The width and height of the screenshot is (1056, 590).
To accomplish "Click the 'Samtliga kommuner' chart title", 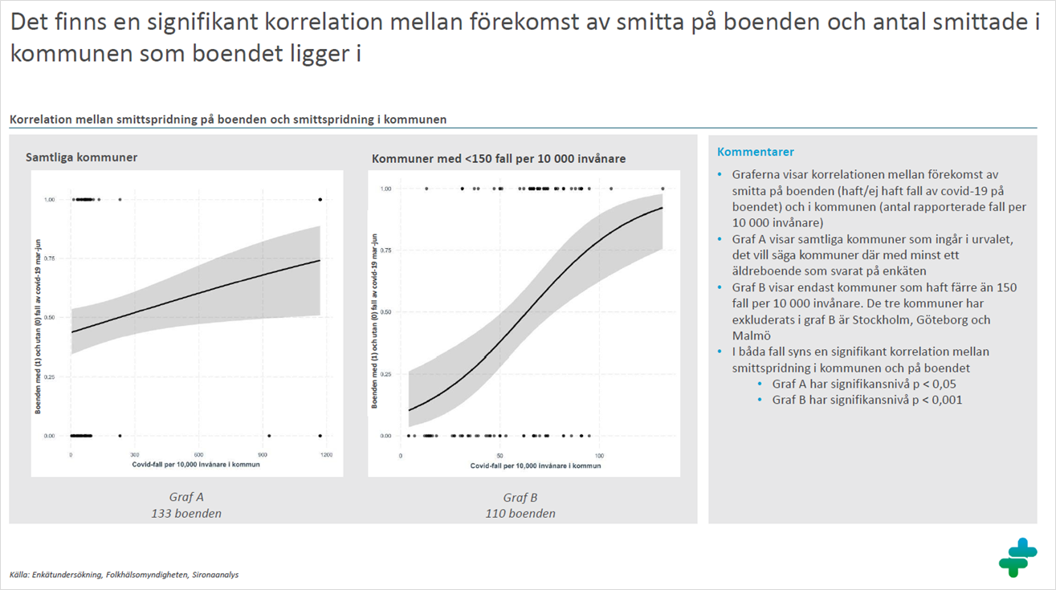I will (81, 157).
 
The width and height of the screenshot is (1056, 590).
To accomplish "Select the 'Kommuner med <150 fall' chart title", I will (499, 159).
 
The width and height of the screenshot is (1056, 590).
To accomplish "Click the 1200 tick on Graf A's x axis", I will (326, 455).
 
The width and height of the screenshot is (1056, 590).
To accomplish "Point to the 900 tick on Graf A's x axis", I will (263, 455).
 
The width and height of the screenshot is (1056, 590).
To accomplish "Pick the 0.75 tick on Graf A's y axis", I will (51, 258).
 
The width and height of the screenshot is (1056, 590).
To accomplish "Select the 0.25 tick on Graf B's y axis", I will (387, 374).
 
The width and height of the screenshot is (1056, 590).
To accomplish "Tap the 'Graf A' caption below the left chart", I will (186, 497).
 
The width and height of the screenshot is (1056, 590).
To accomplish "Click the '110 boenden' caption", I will (520, 514).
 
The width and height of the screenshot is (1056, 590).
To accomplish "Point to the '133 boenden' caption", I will (186, 514).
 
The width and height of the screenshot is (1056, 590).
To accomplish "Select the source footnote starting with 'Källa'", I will (124, 575).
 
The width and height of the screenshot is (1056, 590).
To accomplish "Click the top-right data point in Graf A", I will (320, 199).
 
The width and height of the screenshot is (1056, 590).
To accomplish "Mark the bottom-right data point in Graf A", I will (320, 436).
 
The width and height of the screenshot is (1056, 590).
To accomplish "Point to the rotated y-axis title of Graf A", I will (38, 317).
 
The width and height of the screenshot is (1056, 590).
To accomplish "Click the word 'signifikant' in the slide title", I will (209, 24).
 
